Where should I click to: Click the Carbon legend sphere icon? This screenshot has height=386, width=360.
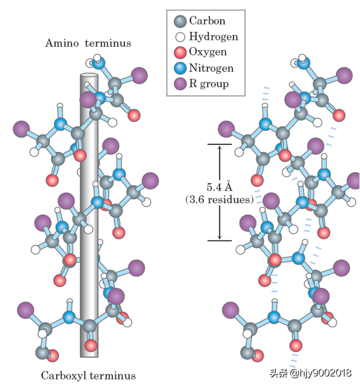point(180,22)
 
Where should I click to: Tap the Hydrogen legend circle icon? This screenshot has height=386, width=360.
point(180,37)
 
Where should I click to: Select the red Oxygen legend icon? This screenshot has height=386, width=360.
point(180,53)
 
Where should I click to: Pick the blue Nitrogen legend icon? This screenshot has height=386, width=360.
point(180,69)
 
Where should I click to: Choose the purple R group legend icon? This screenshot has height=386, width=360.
point(180,84)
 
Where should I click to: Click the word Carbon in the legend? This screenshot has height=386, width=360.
point(207,21)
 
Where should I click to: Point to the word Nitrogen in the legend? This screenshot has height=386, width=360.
point(211,69)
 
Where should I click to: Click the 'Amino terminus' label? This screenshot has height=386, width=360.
point(88,43)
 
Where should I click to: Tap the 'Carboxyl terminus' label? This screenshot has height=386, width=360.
point(88,375)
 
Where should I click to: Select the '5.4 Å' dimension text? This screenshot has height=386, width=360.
point(219,187)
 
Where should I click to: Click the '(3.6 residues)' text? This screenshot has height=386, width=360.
point(219,199)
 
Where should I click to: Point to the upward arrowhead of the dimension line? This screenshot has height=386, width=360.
point(220,148)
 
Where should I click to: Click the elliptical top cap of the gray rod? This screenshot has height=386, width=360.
point(89,75)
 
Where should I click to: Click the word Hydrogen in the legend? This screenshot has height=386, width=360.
point(213,37)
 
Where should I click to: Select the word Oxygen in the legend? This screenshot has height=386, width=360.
point(208,52)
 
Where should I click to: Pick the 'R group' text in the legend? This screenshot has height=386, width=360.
point(209,84)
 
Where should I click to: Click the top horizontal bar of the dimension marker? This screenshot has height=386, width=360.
point(220,145)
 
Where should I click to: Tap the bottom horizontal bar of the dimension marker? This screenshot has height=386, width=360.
point(220,241)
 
